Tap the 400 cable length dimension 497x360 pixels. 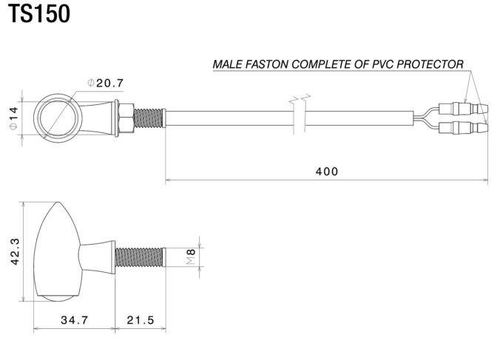(x=325, y=171)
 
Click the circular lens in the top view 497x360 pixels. (x=57, y=117)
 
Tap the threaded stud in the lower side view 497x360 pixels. (x=141, y=256)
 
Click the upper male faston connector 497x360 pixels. (x=462, y=107)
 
